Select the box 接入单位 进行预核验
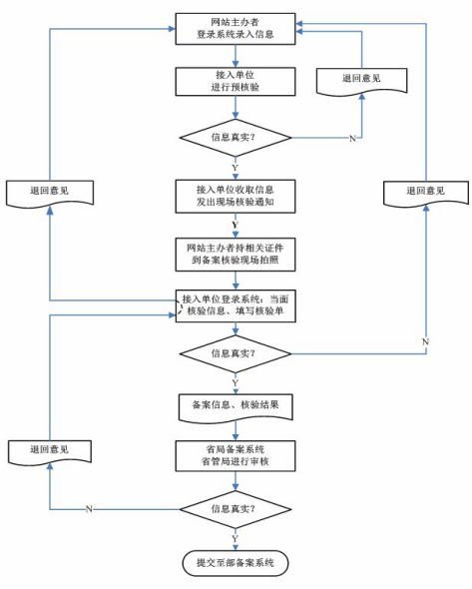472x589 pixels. [236, 81]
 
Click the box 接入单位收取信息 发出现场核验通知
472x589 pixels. [236, 193]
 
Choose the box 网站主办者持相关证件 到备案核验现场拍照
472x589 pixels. [236, 251]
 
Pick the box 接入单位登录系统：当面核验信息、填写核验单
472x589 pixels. [236, 306]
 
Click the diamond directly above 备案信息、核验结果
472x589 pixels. [236, 353]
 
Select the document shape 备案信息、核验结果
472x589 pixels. [236, 404]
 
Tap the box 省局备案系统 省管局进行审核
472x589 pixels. [236, 455]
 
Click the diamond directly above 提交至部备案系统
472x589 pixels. [236, 508]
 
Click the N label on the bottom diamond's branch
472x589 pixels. [90, 509]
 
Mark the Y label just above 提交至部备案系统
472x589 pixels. [235, 538]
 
